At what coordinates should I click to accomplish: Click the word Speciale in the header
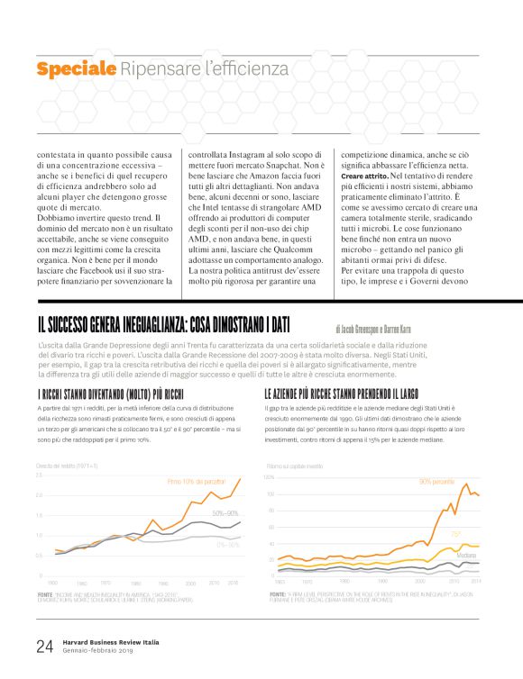tap(77, 68)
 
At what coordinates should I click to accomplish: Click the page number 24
tap(44, 646)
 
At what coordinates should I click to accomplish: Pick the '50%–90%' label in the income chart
tap(225, 513)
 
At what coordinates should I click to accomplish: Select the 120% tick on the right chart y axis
tap(270, 477)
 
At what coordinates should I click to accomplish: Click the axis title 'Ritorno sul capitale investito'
tap(294, 466)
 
